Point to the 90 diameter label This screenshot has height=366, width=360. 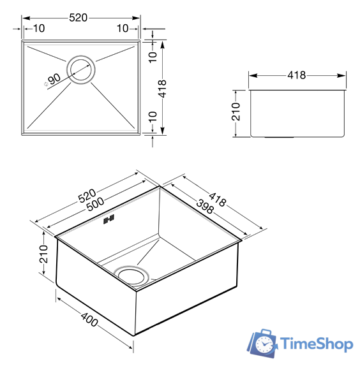click(x=54, y=78)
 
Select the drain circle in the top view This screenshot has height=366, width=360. click(x=81, y=70)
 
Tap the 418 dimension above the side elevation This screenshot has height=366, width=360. click(x=297, y=75)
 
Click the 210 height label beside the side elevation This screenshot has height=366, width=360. click(x=236, y=112)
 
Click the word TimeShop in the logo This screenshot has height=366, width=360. click(x=317, y=344)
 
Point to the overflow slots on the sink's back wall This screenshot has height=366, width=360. click(x=108, y=219)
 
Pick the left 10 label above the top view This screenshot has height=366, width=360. click(x=39, y=29)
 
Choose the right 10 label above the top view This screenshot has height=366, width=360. click(x=123, y=29)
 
